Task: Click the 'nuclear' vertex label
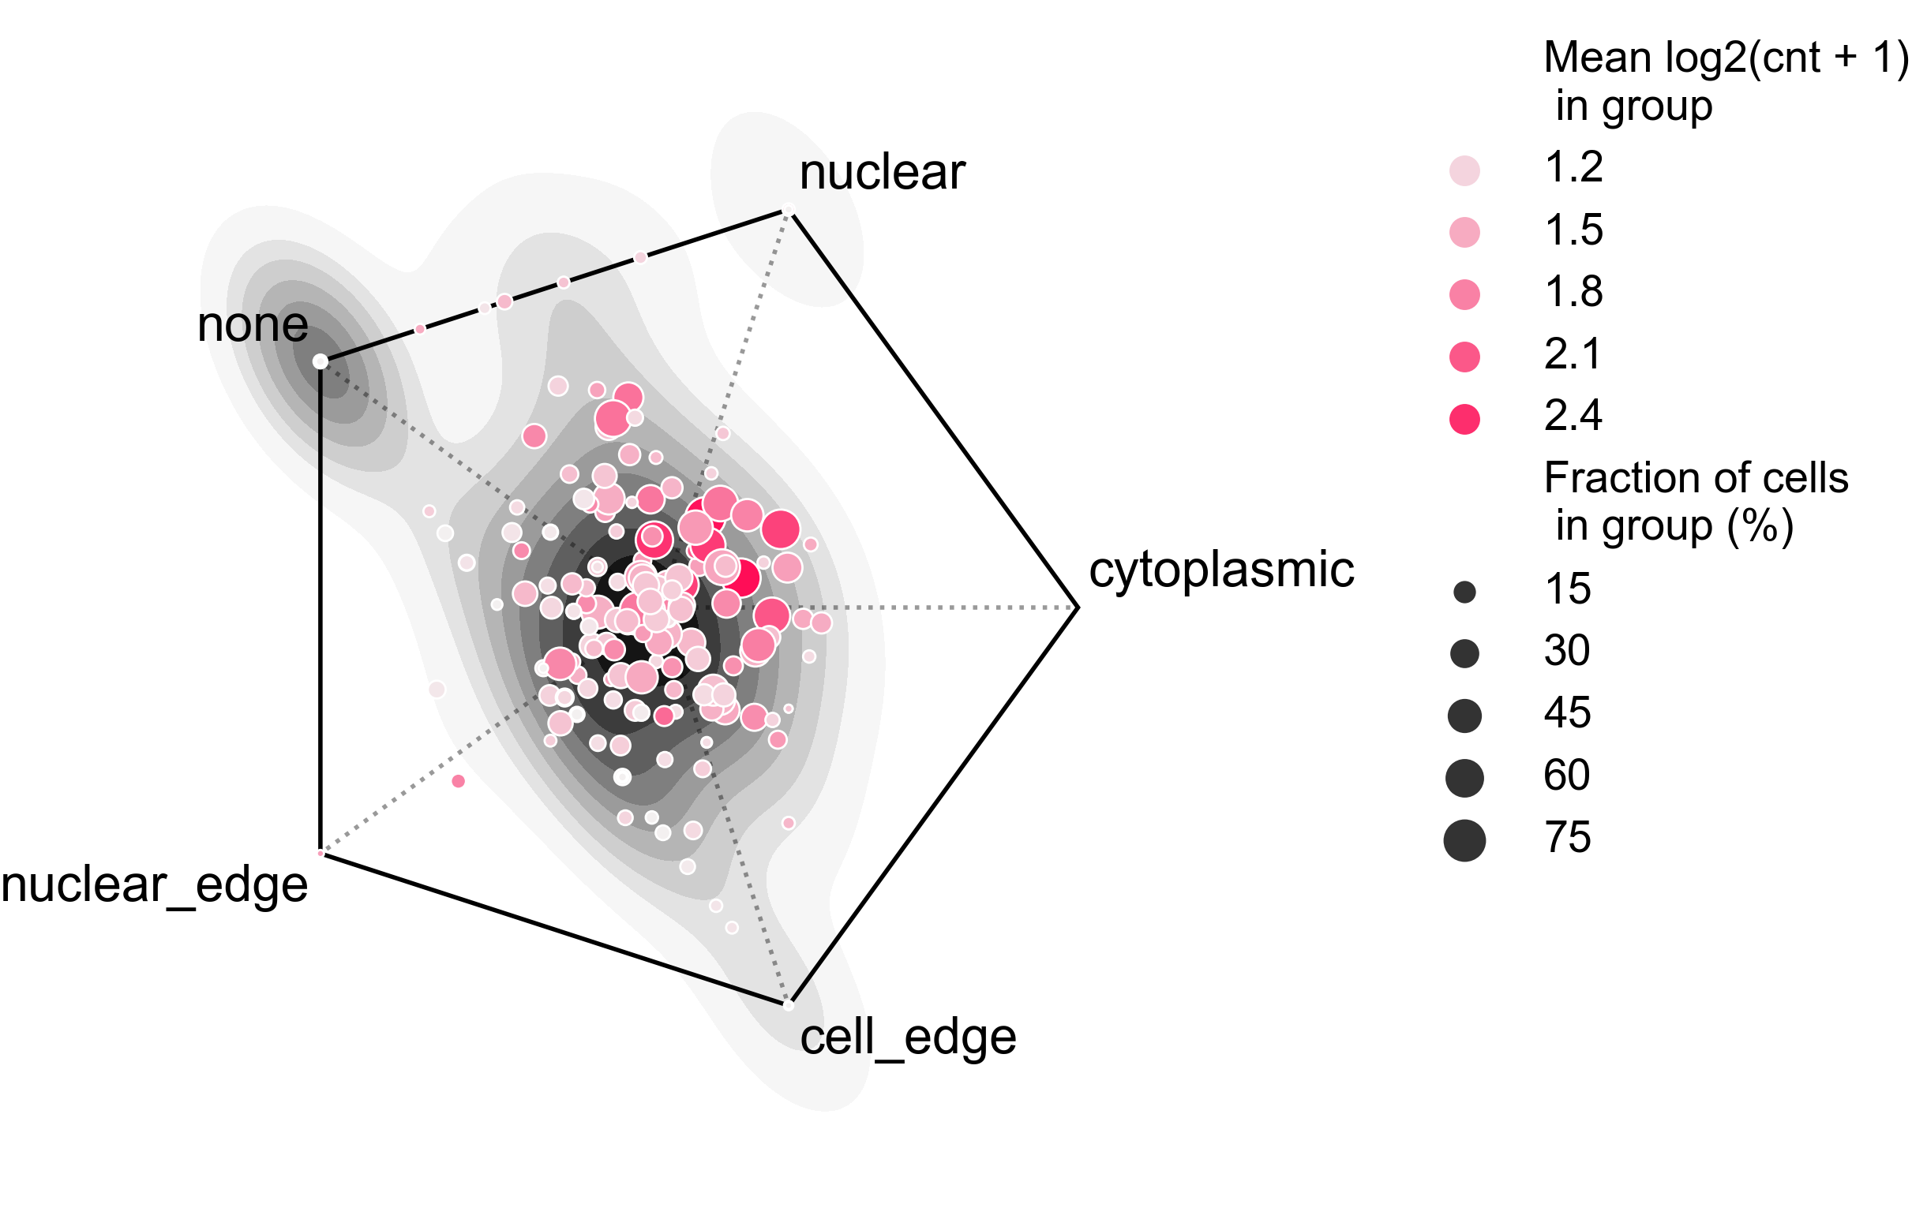click(882, 173)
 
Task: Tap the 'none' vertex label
click(252, 325)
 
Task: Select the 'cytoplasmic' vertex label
click(1221, 570)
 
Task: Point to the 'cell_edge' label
click(908, 1037)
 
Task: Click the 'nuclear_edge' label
click(155, 885)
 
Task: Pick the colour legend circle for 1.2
click(1464, 170)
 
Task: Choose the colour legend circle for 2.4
click(1464, 418)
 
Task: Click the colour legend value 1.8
click(1573, 292)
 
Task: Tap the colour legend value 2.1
click(1573, 353)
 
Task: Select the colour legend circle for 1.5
click(1464, 232)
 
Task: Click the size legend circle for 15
click(1464, 592)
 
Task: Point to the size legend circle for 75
click(1464, 841)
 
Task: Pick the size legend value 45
click(1567, 712)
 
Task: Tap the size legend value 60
click(1567, 775)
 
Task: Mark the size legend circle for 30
click(1464, 653)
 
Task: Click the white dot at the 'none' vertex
click(320, 362)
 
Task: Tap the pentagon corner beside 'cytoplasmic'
click(1078, 607)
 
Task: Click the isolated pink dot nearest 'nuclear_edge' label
click(458, 780)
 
